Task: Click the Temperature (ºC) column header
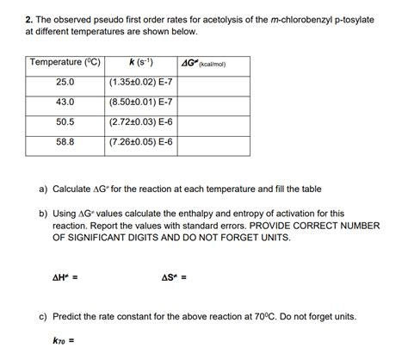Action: point(65,62)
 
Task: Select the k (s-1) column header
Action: point(141,62)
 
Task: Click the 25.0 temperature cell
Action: point(65,82)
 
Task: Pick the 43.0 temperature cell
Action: point(65,102)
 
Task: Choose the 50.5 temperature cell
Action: point(65,122)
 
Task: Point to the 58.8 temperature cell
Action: point(65,142)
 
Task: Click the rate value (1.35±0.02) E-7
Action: point(141,82)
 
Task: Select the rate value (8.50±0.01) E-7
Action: point(141,102)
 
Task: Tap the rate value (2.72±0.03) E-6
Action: point(141,122)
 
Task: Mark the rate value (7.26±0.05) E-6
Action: point(141,142)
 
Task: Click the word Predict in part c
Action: point(70,316)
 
